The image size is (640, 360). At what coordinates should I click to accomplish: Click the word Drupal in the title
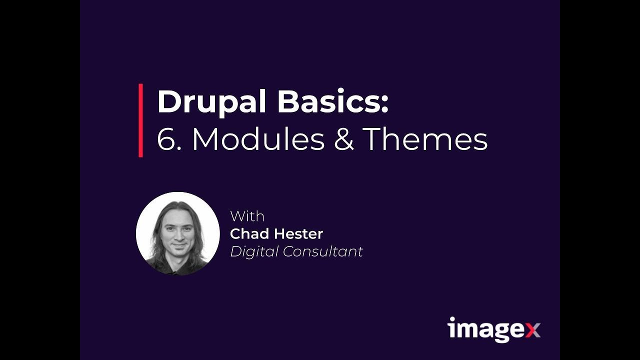pyautogui.click(x=212, y=102)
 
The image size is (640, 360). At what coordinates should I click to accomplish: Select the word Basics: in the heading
pyautogui.click(x=332, y=102)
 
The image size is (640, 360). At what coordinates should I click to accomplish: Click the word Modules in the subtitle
pyautogui.click(x=258, y=139)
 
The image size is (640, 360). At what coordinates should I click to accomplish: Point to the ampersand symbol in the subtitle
pyautogui.click(x=343, y=140)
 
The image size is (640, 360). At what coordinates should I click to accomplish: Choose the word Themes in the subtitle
pyautogui.click(x=425, y=139)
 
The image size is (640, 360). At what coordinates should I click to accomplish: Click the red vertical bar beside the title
pyautogui.click(x=141, y=120)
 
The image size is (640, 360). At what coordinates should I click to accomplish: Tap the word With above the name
pyautogui.click(x=247, y=216)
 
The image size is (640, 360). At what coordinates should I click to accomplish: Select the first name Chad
pyautogui.click(x=248, y=233)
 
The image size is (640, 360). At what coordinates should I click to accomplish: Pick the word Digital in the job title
pyautogui.click(x=254, y=251)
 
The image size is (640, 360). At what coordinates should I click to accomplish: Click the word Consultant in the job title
pyautogui.click(x=323, y=251)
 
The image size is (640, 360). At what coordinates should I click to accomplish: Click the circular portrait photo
pyautogui.click(x=178, y=233)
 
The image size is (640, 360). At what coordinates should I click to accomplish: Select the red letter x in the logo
pyautogui.click(x=532, y=330)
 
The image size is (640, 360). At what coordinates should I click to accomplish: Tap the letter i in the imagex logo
pyautogui.click(x=451, y=328)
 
